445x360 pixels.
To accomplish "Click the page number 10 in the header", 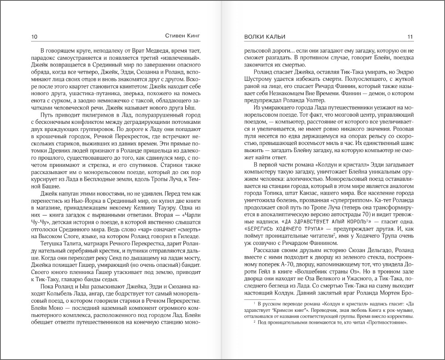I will point(34,37).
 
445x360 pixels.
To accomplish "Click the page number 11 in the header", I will point(410,37).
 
